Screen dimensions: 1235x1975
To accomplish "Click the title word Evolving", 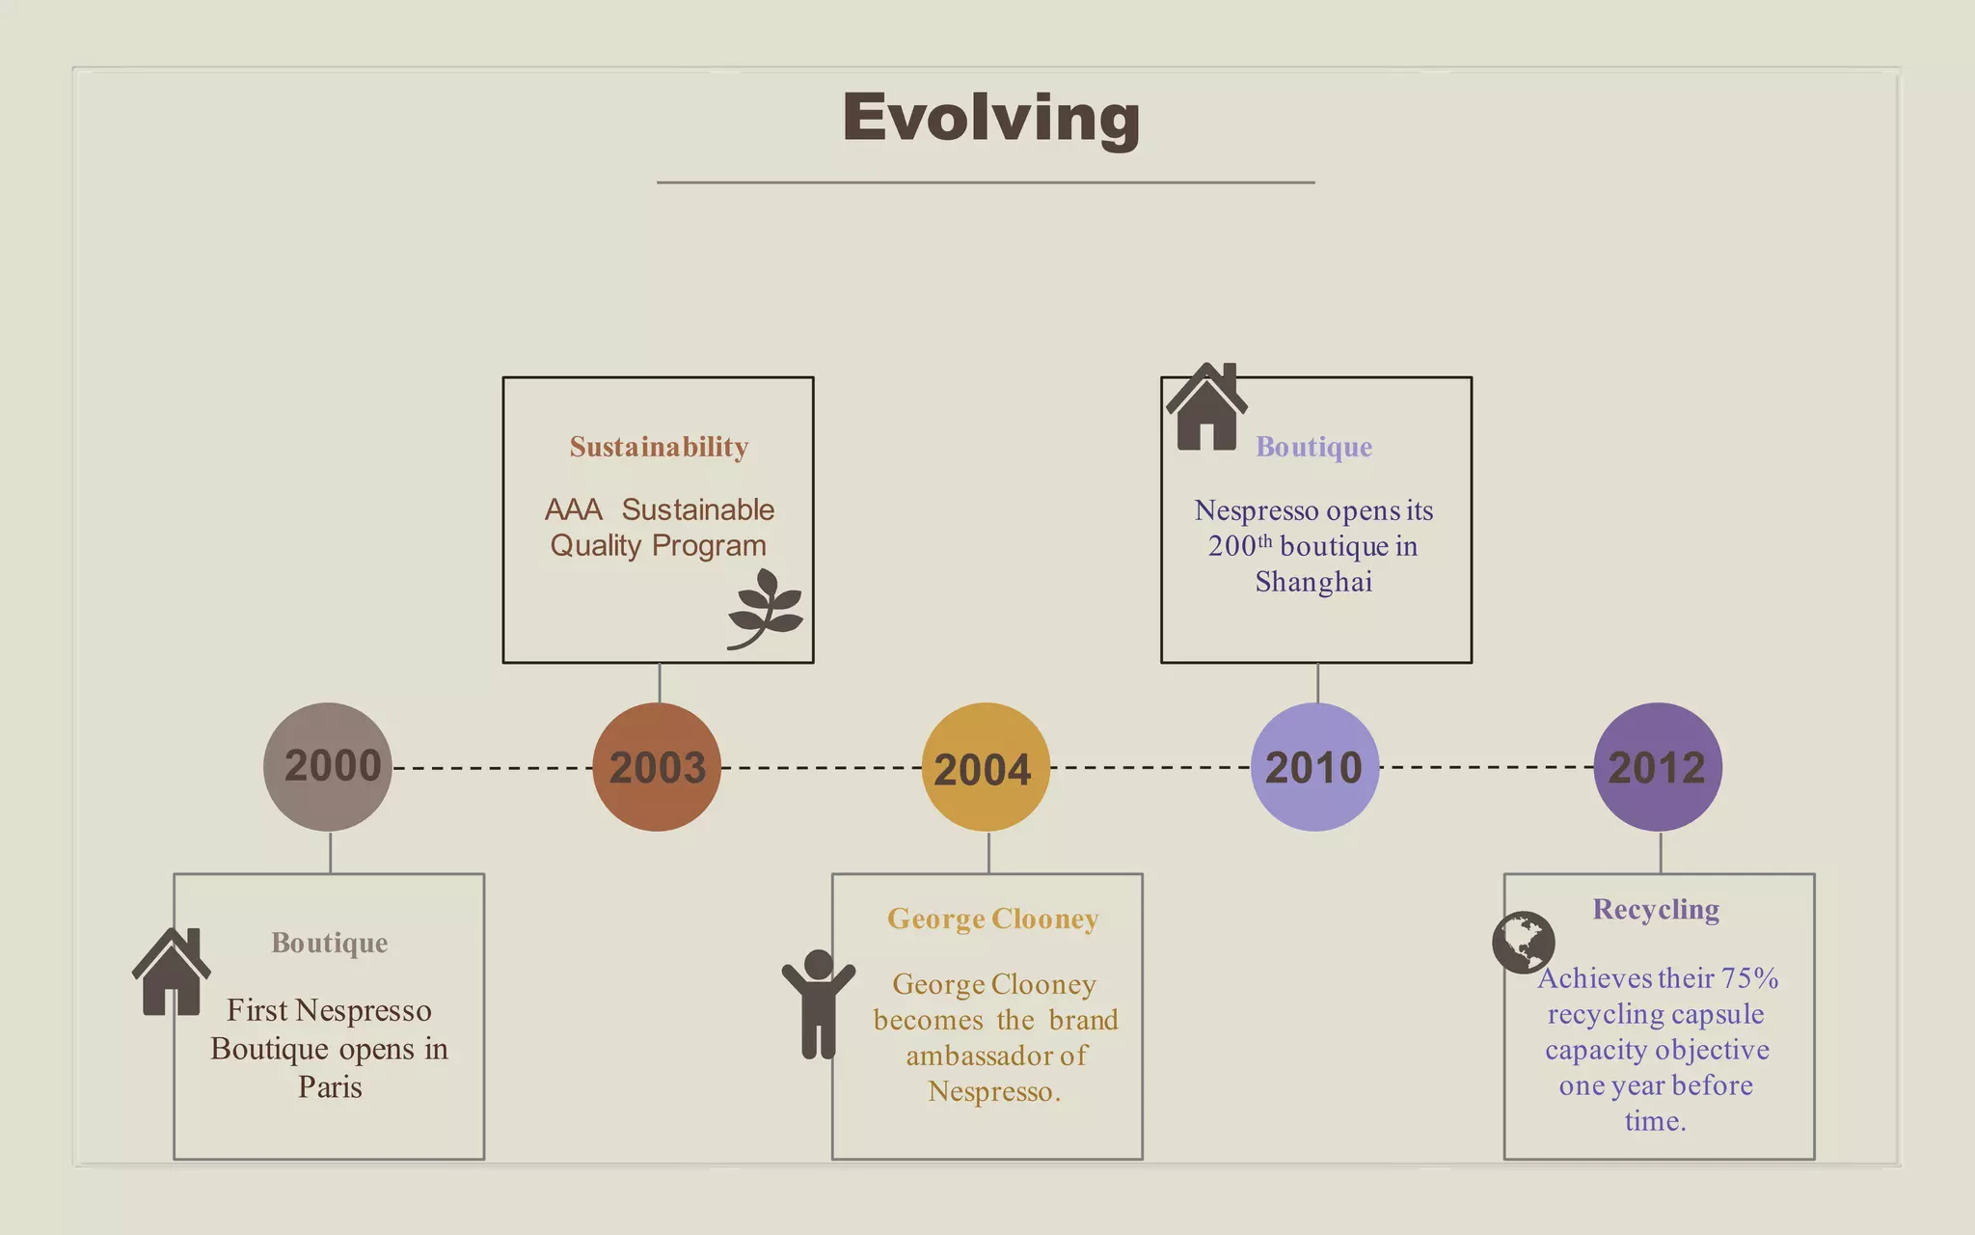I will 990,118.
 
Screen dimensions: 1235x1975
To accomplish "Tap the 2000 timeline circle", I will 328,767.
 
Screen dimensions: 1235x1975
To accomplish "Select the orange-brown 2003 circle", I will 657,767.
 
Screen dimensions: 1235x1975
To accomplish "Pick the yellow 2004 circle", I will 986,767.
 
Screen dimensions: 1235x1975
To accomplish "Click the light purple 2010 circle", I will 1314,767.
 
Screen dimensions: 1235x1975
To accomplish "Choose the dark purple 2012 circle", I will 1657,767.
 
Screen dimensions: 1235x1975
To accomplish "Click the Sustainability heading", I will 659,447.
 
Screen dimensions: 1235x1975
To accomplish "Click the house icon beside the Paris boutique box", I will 172,972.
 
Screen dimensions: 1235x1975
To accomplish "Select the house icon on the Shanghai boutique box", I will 1206,407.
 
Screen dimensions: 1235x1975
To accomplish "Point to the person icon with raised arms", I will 818,1003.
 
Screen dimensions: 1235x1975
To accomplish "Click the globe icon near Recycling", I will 1523,942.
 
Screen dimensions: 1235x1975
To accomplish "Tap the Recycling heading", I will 1655,909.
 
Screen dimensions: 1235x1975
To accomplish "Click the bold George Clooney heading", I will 992,919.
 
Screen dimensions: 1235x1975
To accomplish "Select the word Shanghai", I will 1313,582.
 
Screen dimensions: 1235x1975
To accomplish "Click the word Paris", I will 330,1087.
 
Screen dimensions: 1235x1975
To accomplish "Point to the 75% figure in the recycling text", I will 1750,978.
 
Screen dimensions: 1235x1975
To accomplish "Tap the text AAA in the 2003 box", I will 573,509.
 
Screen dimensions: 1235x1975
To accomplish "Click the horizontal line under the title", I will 986,182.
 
